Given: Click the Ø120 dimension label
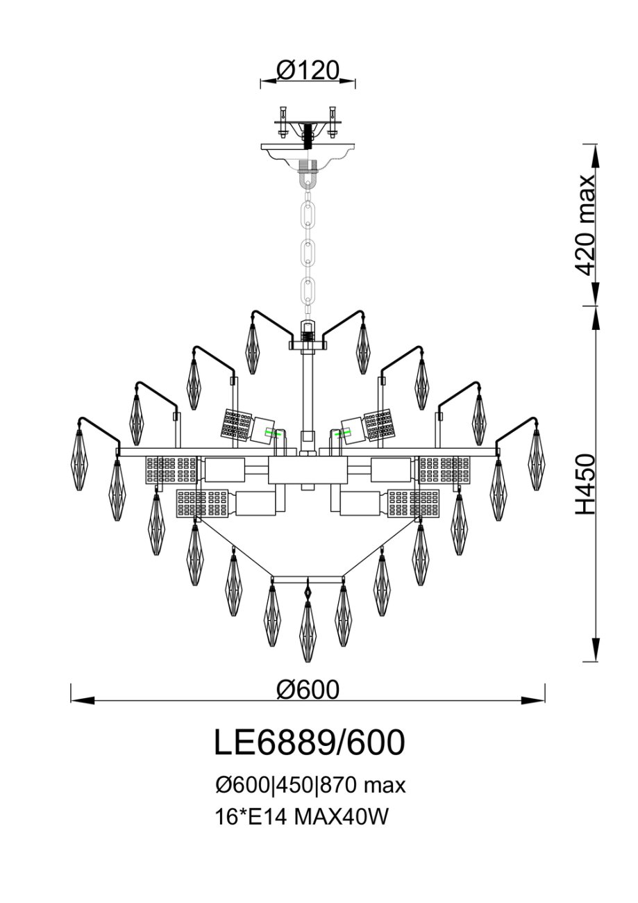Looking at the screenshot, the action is (x=308, y=72).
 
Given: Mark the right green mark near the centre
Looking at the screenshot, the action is (x=342, y=433).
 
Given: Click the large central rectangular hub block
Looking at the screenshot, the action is (x=308, y=470).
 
